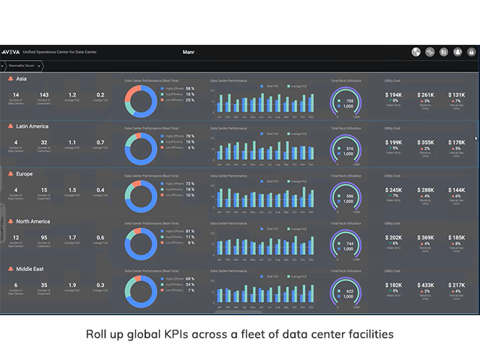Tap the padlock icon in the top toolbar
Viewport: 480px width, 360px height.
[x=471, y=52]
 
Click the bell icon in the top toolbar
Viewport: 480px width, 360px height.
[x=457, y=52]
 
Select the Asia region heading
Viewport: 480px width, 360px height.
[x=22, y=79]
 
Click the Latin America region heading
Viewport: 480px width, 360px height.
[x=32, y=127]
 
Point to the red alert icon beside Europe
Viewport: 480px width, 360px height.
[x=11, y=174]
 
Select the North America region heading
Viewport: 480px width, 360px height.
[x=33, y=222]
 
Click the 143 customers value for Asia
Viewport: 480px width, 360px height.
[x=44, y=95]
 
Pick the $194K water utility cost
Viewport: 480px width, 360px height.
[x=394, y=95]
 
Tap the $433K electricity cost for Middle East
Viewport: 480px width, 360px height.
[x=426, y=286]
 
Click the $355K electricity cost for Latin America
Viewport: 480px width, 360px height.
[x=426, y=142]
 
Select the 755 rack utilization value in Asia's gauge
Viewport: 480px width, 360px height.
[x=349, y=100]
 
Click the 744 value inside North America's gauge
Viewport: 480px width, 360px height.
[x=349, y=244]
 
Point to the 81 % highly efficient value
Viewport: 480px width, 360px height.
[x=189, y=231]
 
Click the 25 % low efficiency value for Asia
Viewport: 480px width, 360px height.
[x=189, y=100]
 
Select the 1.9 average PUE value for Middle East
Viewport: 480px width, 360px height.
[x=72, y=285]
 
